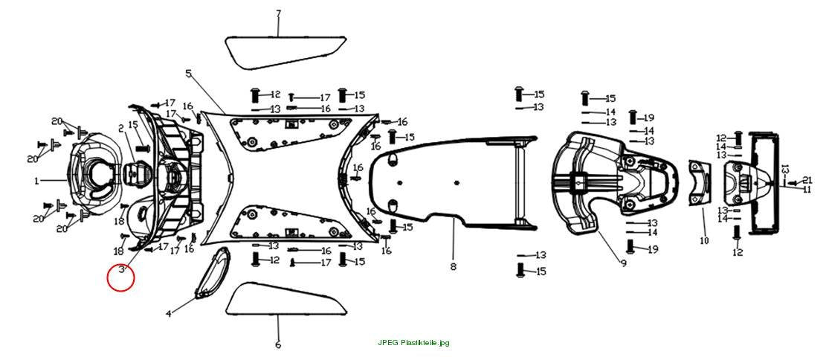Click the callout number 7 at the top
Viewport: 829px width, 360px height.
pos(278,13)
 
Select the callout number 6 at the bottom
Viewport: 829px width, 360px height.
pos(278,345)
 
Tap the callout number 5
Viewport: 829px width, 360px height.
pos(188,74)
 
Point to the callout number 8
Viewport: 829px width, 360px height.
pos(453,267)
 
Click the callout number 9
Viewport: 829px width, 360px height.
pos(624,263)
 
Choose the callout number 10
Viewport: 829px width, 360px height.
pos(703,241)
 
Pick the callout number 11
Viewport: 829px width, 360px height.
pos(807,189)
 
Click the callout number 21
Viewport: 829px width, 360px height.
pos(807,180)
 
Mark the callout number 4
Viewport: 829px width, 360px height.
pos(169,313)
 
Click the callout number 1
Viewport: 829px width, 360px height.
pos(36,181)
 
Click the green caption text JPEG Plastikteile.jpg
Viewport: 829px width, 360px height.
pos(414,343)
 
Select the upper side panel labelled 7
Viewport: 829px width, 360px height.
pos(286,51)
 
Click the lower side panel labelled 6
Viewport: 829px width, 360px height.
pos(286,299)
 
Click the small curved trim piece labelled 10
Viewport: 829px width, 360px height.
pos(700,181)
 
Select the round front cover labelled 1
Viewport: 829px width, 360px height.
pos(93,174)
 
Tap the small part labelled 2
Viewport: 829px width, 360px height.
pos(136,173)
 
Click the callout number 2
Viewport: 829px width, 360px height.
pos(121,129)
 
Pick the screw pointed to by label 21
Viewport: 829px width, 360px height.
pos(793,183)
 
